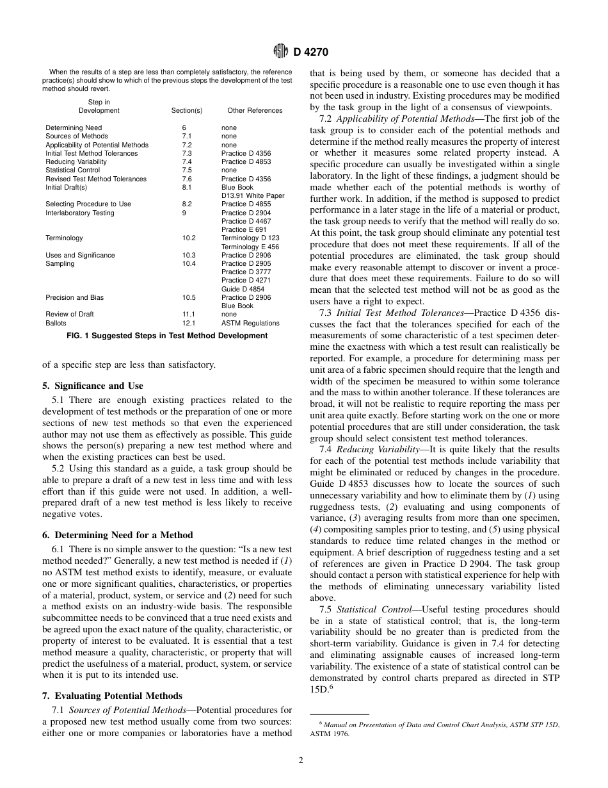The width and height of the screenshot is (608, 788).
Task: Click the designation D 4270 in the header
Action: tap(310, 53)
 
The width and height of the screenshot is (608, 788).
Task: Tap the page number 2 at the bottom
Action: tap(301, 760)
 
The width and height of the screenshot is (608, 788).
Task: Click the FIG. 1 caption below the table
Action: tap(167, 336)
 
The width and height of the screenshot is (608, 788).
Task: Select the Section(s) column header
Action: tap(187, 111)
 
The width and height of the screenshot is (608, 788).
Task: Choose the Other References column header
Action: tap(255, 111)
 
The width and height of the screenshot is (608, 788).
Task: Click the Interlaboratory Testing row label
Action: tap(80, 213)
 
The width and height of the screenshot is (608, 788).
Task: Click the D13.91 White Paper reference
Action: tap(253, 195)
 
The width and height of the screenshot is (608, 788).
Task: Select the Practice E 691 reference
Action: tap(243, 229)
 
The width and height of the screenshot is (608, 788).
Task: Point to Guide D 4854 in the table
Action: tap(241, 289)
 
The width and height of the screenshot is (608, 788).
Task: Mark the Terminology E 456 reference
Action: tap(250, 247)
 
